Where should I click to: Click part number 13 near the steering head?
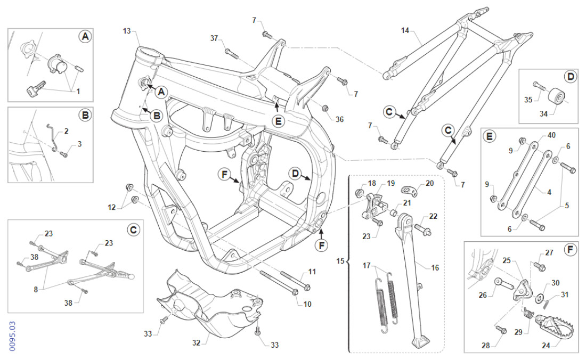click(x=126, y=31)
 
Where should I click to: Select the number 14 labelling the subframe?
click(x=405, y=31)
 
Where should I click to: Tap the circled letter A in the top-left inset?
click(x=84, y=36)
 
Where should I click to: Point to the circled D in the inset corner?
click(x=571, y=77)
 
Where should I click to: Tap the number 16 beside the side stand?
click(x=435, y=268)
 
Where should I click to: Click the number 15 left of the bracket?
click(x=341, y=261)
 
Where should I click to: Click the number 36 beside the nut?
click(x=340, y=119)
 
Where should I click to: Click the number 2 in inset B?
click(x=67, y=130)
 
